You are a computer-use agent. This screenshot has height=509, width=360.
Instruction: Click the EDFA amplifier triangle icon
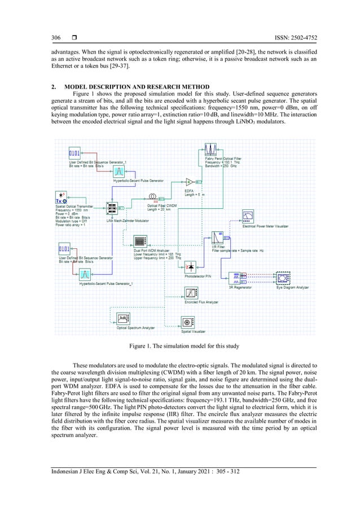190,182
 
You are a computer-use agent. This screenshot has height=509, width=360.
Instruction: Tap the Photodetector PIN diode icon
191,265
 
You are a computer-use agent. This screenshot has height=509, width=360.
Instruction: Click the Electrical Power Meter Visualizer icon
247,217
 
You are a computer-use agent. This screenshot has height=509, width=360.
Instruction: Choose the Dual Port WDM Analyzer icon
141,242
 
